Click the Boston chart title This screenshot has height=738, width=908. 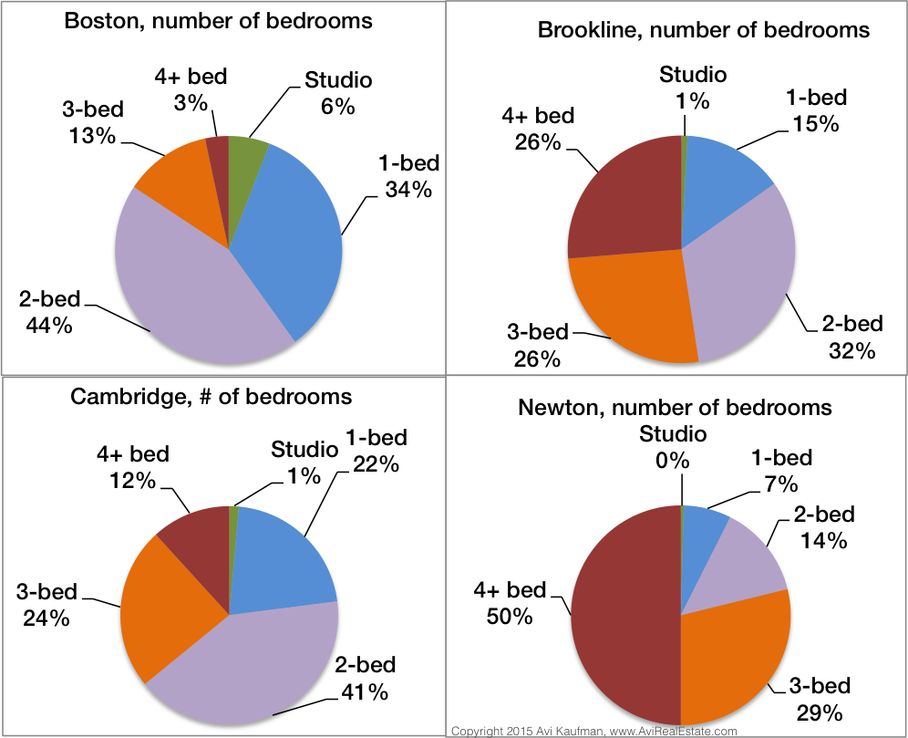point(219,20)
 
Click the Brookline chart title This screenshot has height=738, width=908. point(703,30)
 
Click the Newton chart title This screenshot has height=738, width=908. point(675,407)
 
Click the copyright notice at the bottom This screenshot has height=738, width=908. point(593,731)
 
